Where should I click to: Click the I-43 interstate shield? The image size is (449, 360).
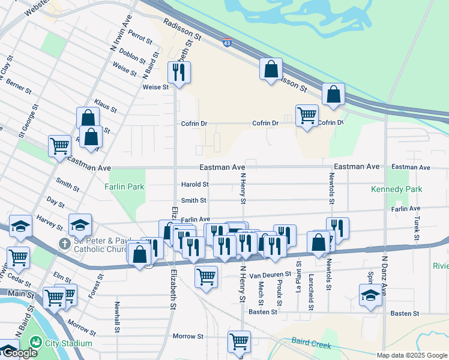(x=226, y=43)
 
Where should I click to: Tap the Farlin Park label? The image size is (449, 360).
(x=125, y=187)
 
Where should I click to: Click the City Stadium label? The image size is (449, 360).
(x=71, y=343)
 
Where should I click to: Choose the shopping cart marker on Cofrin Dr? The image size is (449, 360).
(x=307, y=115)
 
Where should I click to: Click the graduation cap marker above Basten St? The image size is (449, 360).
(x=370, y=295)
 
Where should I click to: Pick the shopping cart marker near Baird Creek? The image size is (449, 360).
(x=239, y=341)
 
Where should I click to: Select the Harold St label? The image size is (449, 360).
(x=195, y=184)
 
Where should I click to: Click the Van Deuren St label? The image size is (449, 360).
(x=271, y=274)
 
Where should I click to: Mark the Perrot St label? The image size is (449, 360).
(x=140, y=37)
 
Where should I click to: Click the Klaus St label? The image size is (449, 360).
(x=105, y=107)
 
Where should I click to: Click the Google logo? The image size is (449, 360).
(x=19, y=353)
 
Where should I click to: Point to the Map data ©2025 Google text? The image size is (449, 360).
(x=412, y=355)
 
